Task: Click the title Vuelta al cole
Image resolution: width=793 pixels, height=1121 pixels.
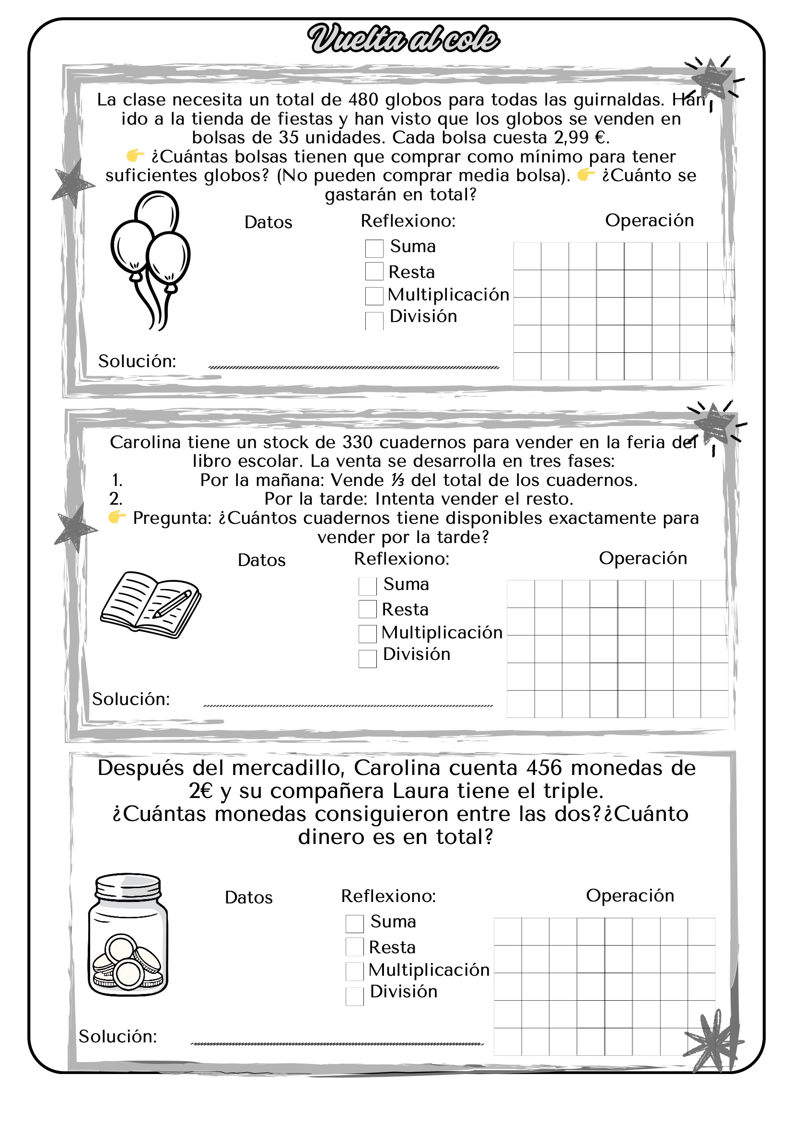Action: click(403, 39)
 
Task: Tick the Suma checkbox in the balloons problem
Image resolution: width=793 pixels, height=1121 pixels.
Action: click(374, 248)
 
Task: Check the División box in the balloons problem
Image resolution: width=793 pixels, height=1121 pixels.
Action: click(374, 321)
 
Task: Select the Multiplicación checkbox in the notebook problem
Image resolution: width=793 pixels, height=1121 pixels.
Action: click(367, 634)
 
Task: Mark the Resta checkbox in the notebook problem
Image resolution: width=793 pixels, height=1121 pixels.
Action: click(367, 609)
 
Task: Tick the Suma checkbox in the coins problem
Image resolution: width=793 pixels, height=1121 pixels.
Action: click(354, 923)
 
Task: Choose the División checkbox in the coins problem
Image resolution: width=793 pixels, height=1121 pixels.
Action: click(354, 996)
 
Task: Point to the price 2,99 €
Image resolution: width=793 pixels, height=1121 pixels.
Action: click(580, 138)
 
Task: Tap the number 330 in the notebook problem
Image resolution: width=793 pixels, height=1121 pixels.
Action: click(358, 442)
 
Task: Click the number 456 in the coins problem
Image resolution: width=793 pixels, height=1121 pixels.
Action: click(544, 768)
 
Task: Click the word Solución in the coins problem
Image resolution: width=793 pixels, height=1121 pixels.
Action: click(118, 1037)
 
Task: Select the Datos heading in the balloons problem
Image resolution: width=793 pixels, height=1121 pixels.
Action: click(268, 223)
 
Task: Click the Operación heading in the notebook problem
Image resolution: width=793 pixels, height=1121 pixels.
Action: click(642, 558)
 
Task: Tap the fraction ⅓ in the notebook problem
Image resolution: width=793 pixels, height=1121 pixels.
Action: click(397, 480)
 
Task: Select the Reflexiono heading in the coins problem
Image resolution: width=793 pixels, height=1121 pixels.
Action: click(388, 896)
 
